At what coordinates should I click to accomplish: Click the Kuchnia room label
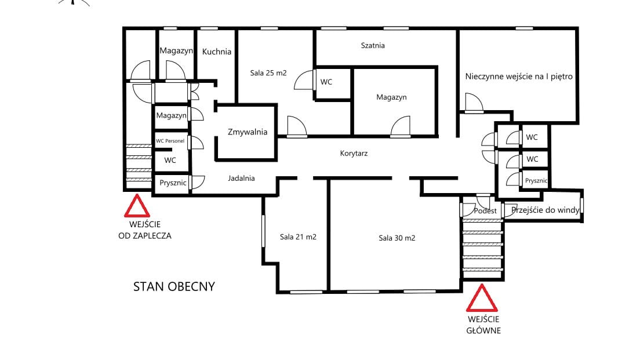pos(217,52)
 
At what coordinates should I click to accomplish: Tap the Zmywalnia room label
pos(248,132)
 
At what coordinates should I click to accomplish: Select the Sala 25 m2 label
pos(268,73)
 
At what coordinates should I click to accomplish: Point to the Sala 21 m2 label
pos(298,237)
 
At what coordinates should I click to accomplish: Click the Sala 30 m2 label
pos(397,238)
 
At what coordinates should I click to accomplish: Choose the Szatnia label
pos(373,46)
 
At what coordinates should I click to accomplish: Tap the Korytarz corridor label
pos(354,154)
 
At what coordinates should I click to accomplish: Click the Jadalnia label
pos(241,179)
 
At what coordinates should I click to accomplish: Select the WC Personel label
pos(170,141)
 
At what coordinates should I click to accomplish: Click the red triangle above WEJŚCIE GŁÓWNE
pos(482,299)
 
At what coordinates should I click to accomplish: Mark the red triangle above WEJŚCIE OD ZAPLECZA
pos(137,206)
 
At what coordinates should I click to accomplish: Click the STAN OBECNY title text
pos(174,286)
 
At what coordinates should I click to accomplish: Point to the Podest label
pos(485,210)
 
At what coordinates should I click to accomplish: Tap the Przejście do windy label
pos(545,210)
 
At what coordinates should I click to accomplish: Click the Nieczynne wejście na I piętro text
pos(519,77)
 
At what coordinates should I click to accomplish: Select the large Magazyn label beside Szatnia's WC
pos(391,97)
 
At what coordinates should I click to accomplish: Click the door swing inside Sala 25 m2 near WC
pos(304,80)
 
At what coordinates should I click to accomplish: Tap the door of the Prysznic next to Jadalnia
pos(198,183)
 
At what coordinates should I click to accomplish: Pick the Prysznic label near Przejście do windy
pos(536,181)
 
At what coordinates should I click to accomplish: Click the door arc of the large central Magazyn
pos(401,126)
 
